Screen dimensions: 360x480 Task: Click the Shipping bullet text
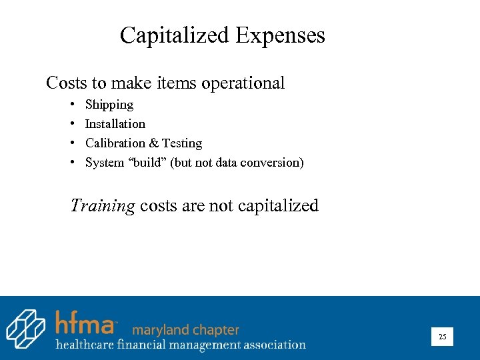click(x=109, y=105)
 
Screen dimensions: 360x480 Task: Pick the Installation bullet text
click(x=115, y=124)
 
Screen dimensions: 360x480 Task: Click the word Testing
click(x=182, y=143)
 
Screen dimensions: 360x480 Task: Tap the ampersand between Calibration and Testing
click(x=154, y=143)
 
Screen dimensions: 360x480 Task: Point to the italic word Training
click(x=103, y=206)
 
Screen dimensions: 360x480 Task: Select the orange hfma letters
click(x=85, y=323)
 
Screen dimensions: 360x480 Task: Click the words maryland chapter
click(x=185, y=330)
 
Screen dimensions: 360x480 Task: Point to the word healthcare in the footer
click(x=85, y=345)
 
